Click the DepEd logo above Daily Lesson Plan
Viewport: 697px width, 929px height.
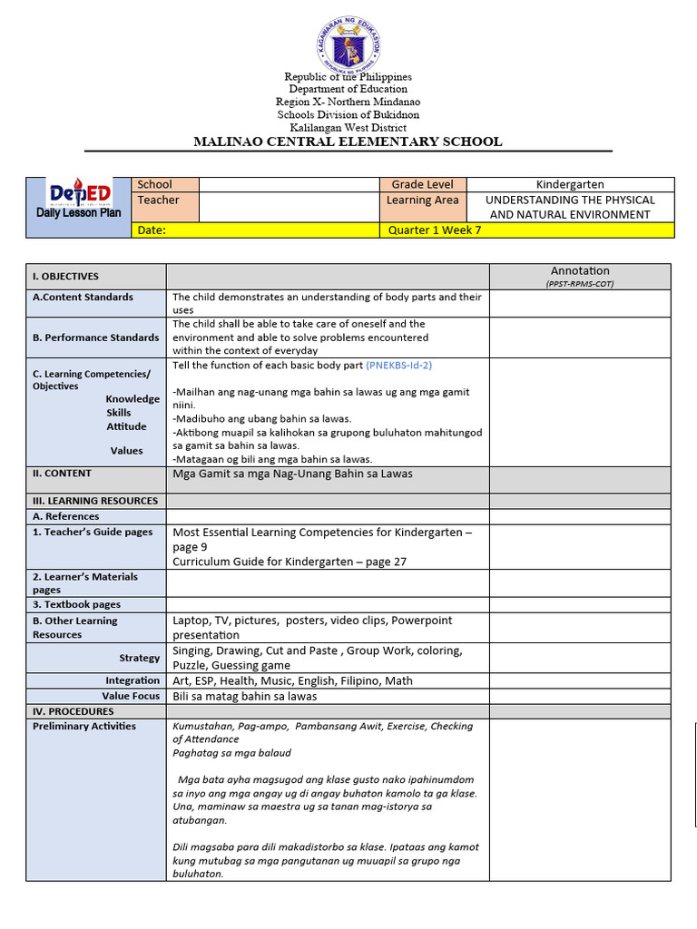pyautogui.click(x=80, y=193)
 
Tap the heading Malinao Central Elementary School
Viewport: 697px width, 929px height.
pyautogui.click(x=348, y=142)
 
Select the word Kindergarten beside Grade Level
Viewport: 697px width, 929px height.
pyautogui.click(x=570, y=184)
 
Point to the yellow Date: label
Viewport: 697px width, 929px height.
pyautogui.click(x=152, y=230)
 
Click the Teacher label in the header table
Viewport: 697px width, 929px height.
pyautogui.click(x=158, y=200)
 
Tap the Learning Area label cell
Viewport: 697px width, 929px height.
pyautogui.click(x=422, y=200)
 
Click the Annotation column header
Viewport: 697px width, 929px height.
pyautogui.click(x=580, y=271)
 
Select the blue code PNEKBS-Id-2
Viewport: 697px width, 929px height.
pyautogui.click(x=398, y=365)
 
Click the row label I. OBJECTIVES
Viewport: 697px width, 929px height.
pyautogui.click(x=65, y=276)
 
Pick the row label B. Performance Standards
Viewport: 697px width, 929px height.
pyautogui.click(x=95, y=337)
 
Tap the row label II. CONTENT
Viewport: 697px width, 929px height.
pyautogui.click(x=62, y=474)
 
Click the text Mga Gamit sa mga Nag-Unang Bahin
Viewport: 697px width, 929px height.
pyautogui.click(x=292, y=474)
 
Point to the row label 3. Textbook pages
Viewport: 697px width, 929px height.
pyautogui.click(x=76, y=604)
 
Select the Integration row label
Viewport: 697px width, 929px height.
pyautogui.click(x=133, y=680)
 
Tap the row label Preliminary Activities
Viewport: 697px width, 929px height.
pyautogui.click(x=84, y=726)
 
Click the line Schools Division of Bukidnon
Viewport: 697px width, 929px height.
pyautogui.click(x=348, y=115)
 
